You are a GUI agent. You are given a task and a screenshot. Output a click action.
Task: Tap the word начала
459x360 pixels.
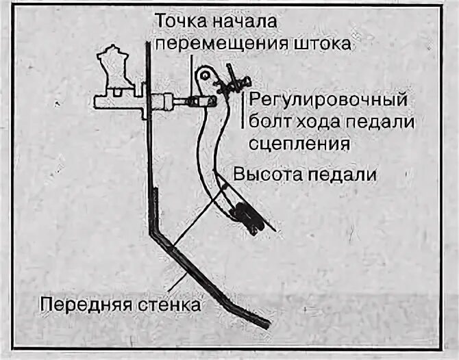coord(246,21)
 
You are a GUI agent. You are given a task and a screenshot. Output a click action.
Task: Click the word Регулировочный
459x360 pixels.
coord(329,99)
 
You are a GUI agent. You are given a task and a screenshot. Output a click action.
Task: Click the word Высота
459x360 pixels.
coord(266,174)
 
